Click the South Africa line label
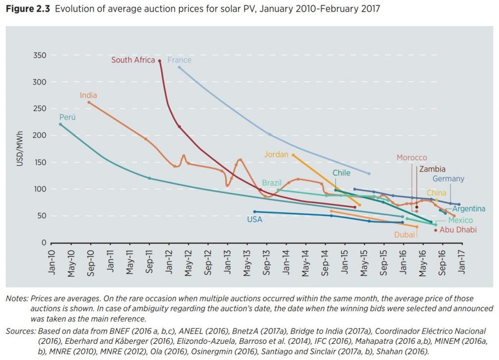point(133,60)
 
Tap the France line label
point(179,60)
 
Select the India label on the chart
point(89,95)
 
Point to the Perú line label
point(67,117)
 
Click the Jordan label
point(276,154)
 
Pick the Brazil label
point(272,183)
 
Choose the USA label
point(254,220)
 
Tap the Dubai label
point(405,234)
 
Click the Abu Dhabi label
point(458,230)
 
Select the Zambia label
point(432,170)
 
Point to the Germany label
point(448,179)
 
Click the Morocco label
point(412,158)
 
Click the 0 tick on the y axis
point(43,243)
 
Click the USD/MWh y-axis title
point(20,149)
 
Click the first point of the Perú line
point(60,124)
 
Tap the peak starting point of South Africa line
point(160,61)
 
